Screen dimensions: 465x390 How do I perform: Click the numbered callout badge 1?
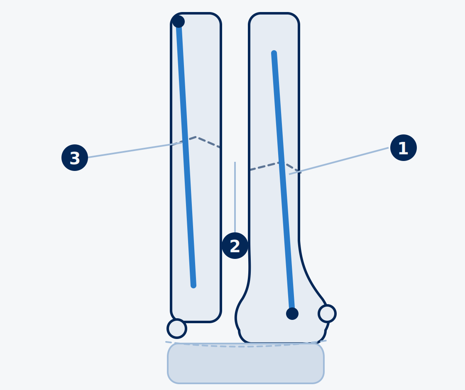click(x=403, y=148)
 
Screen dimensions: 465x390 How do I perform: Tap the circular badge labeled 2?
click(x=235, y=246)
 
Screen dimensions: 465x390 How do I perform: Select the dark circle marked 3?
click(x=75, y=158)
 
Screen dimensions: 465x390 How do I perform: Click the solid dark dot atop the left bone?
click(x=179, y=22)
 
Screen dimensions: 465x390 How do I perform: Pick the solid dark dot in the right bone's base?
click(x=292, y=314)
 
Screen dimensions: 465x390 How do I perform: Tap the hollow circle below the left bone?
click(x=177, y=329)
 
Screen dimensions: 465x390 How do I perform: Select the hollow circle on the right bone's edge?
click(x=327, y=314)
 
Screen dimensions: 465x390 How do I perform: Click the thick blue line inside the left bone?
click(x=186, y=154)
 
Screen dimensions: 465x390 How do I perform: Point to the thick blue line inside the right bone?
click(x=283, y=182)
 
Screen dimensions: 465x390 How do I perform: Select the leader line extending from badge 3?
click(x=135, y=150)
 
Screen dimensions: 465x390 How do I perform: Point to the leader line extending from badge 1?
click(x=339, y=161)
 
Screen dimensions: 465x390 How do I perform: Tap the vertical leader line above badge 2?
click(x=235, y=197)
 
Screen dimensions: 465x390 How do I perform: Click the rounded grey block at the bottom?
click(x=246, y=363)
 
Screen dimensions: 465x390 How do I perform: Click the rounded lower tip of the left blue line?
click(x=193, y=286)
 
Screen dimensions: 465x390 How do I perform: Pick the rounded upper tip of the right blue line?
click(x=274, y=53)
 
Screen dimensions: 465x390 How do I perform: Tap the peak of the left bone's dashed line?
click(x=196, y=137)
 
